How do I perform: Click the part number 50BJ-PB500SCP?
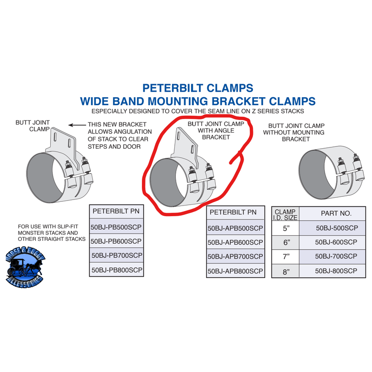[x=116, y=227]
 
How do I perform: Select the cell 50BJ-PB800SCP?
[x=116, y=269]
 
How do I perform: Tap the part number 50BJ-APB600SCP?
[x=236, y=242]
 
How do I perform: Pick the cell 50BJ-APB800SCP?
[x=236, y=271]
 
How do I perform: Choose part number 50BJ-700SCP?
[x=337, y=256]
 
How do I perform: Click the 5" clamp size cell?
[x=286, y=228]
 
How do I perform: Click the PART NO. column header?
[x=337, y=213]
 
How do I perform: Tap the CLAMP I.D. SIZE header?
[x=286, y=213]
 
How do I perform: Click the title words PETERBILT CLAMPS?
[x=198, y=87]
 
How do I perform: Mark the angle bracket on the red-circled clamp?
[x=186, y=144]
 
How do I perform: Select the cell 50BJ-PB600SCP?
[x=116, y=241]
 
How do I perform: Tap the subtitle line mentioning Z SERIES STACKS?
[x=198, y=112]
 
